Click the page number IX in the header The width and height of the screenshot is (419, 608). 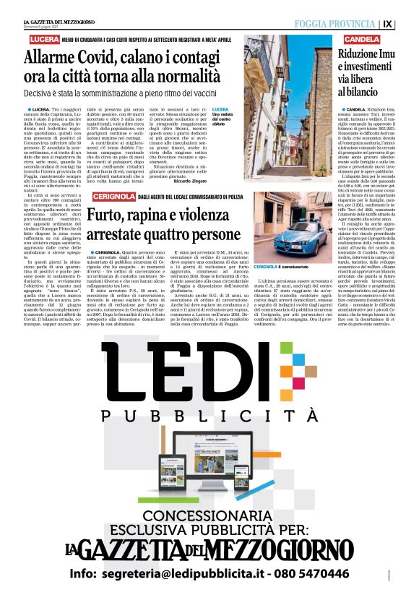click(x=408, y=24)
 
